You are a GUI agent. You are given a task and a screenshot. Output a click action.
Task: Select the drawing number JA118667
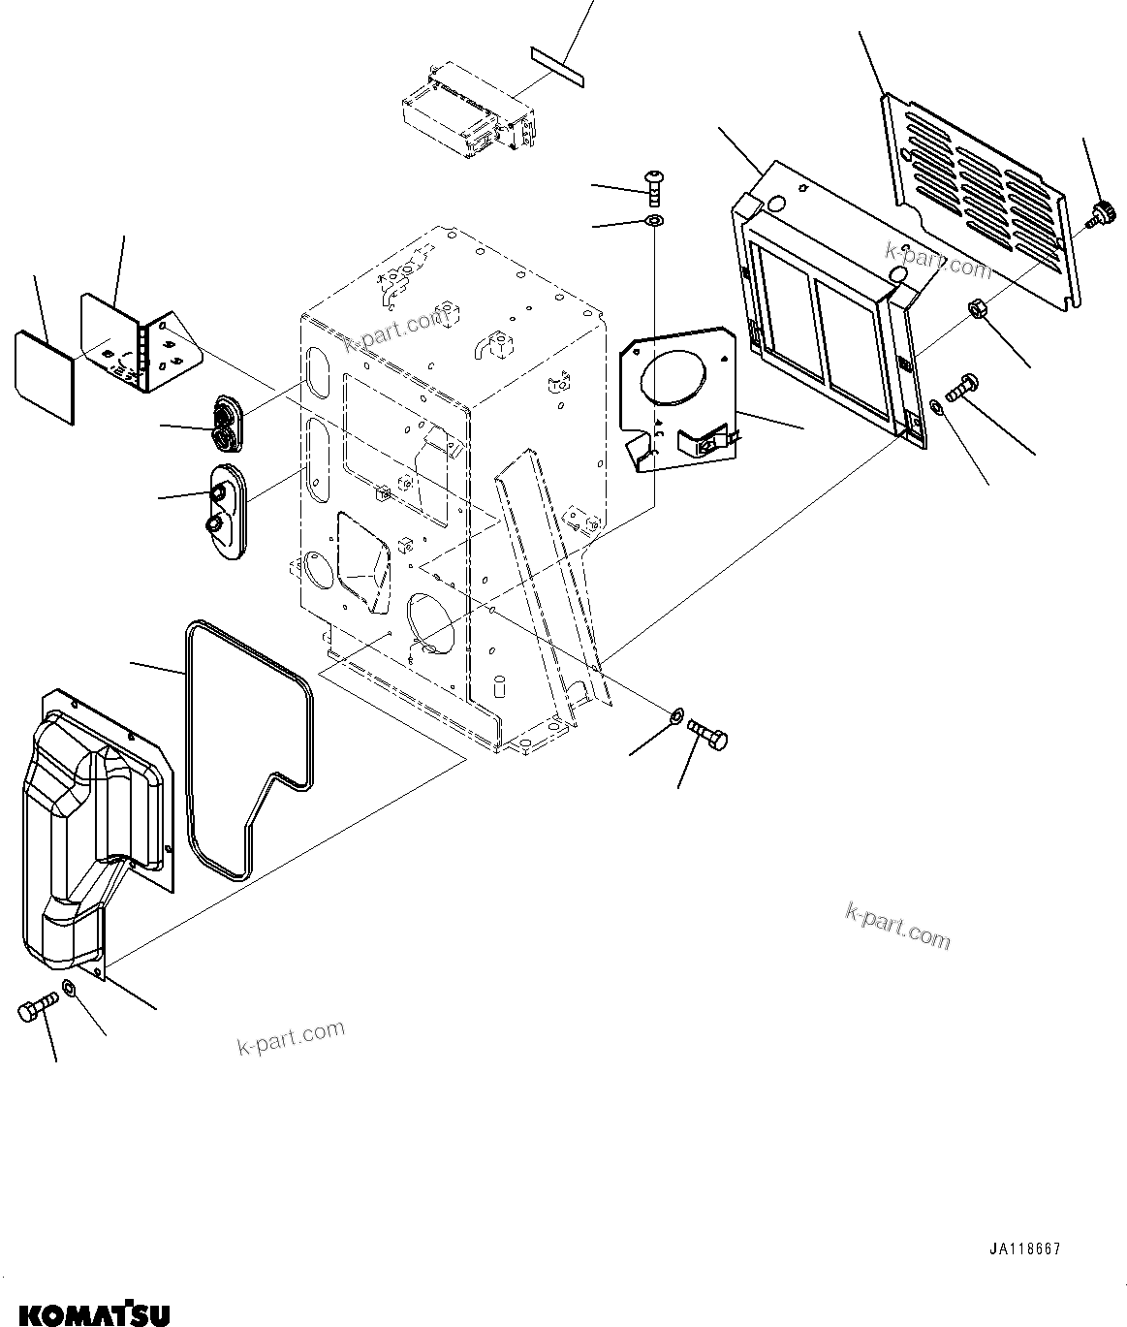(1024, 1249)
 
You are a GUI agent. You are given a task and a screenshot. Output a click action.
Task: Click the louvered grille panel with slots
(979, 204)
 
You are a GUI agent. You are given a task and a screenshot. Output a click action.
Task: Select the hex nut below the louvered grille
(977, 311)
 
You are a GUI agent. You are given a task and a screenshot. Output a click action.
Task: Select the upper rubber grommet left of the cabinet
(229, 423)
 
